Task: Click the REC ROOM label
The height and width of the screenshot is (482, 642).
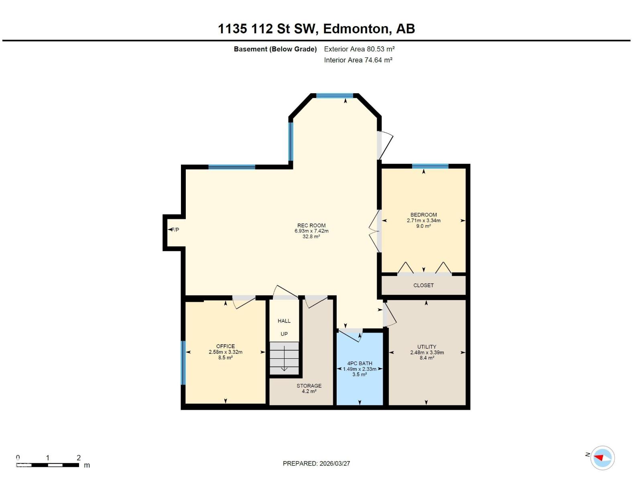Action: pos(311,225)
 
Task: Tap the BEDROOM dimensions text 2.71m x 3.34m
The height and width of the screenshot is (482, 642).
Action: pos(424,221)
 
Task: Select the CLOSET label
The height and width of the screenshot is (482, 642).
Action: pos(423,285)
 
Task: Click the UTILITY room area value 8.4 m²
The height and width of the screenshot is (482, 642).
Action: pos(427,358)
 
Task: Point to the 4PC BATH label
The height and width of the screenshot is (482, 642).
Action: pos(360,363)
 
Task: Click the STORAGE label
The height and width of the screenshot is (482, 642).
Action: pos(309,386)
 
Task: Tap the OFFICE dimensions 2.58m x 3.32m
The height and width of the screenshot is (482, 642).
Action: pos(226,352)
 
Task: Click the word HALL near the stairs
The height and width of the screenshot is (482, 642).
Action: pos(284,321)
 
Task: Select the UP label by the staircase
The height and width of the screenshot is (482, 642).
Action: pos(284,334)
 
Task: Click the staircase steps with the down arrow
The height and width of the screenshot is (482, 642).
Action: pos(284,358)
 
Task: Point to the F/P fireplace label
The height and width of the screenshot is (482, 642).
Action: pos(175,230)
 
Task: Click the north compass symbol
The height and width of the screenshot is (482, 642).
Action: pos(602,457)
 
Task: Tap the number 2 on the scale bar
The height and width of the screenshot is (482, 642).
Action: pos(79,457)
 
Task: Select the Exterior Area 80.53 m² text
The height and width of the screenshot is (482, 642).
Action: pos(359,49)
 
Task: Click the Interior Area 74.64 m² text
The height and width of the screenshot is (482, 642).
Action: pos(358,60)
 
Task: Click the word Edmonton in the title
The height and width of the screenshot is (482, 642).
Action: pos(356,29)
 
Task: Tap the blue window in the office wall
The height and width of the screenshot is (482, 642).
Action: pos(183,363)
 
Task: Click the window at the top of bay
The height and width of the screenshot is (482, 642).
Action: pos(334,96)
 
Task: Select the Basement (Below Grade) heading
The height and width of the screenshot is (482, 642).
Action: pos(275,49)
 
